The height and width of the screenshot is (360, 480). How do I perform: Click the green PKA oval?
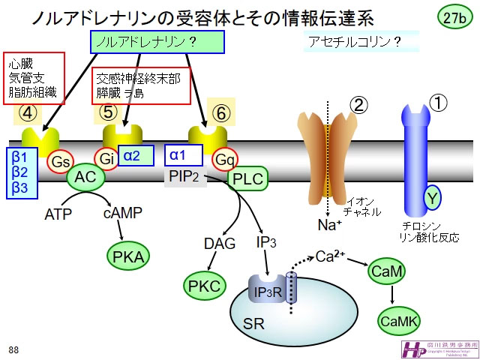coord(128,256)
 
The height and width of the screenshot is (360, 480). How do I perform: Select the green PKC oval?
coord(205,285)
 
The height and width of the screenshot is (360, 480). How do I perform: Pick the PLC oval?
coord(247,178)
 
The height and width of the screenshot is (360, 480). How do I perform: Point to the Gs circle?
coord(61,160)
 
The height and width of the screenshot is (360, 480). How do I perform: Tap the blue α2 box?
coord(136,156)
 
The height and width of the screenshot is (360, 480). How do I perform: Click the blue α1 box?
coord(184,155)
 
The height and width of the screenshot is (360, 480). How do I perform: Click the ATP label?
coord(58,214)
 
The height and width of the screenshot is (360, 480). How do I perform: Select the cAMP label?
coord(121,214)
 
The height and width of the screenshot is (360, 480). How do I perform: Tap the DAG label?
coord(220,243)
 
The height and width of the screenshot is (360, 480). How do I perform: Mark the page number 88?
coord(14,349)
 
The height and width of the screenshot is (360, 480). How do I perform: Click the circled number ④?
coord(27,114)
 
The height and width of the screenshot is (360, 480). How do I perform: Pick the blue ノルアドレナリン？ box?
coord(147,43)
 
